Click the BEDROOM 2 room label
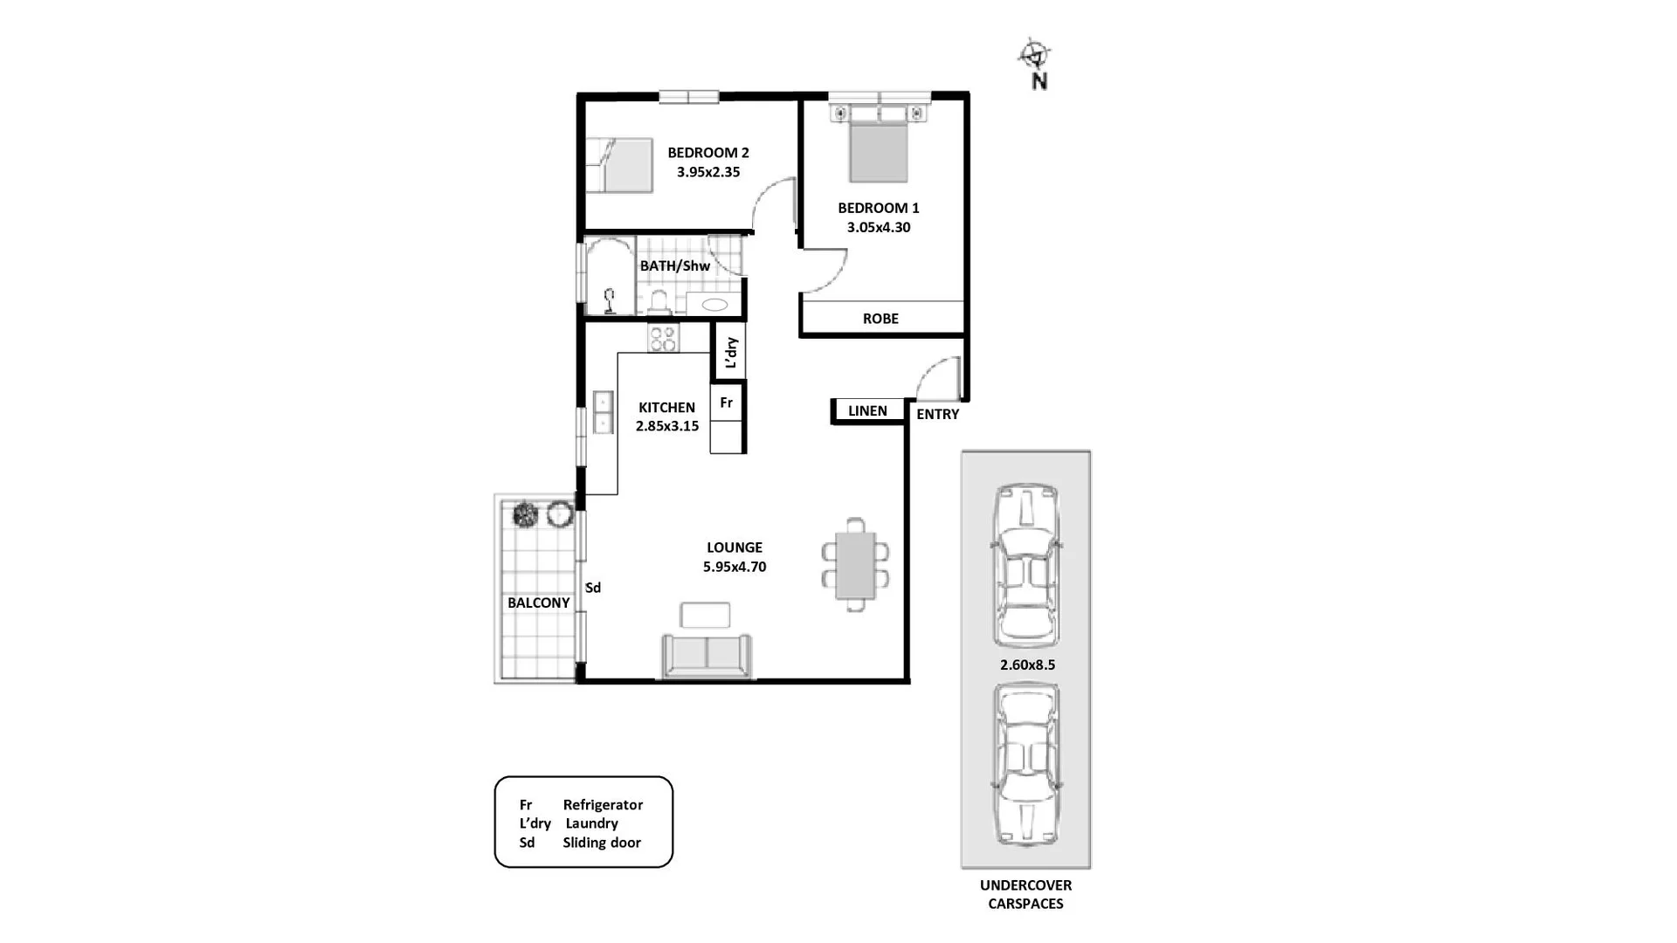707,153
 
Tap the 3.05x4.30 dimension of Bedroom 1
878,227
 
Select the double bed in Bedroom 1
878,148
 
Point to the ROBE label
880,319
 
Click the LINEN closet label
867,410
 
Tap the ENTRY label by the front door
937,414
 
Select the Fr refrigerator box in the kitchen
727,403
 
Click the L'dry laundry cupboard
731,352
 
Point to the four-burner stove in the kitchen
663,338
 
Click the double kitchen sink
603,413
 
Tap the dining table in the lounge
855,565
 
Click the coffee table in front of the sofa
705,615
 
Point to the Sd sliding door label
593,588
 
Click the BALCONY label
538,602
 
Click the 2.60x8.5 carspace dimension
1027,664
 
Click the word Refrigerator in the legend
603,804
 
